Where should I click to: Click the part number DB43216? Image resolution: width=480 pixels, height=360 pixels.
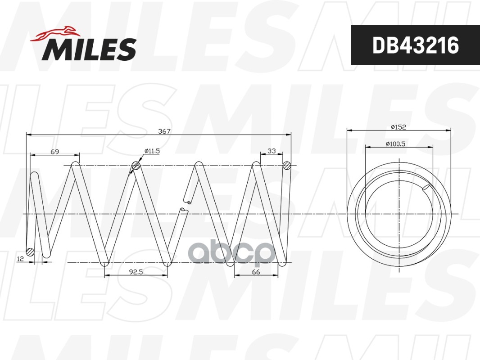(416, 45)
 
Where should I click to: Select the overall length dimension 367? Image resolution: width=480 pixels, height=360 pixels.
(164, 131)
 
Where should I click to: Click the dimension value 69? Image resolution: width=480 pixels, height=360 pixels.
(55, 151)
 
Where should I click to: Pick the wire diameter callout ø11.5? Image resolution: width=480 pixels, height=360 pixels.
(152, 151)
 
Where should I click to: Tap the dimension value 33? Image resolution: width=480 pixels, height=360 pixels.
(272, 151)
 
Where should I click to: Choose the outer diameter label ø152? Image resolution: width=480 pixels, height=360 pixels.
(398, 127)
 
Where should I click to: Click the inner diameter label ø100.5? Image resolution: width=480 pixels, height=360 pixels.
(395, 144)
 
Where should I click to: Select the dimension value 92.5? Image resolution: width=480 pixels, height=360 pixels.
(136, 272)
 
